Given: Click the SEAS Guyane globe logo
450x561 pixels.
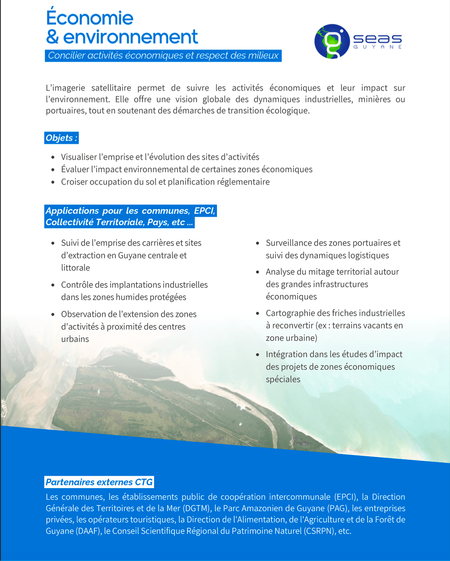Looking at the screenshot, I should click(332, 41).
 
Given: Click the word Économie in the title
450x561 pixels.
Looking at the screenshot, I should click(90, 18).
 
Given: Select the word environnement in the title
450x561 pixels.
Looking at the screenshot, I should click(130, 37).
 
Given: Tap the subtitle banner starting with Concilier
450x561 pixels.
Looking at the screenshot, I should click(163, 56).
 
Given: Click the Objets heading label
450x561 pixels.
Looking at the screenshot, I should click(61, 138).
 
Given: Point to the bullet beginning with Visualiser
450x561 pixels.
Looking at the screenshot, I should click(160, 157).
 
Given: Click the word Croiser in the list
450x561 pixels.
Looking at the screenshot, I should click(74, 182).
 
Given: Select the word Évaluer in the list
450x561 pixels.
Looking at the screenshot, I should click(75, 170).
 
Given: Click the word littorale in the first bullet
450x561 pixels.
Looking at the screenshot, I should click(76, 268).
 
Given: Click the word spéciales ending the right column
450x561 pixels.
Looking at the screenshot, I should click(283, 379).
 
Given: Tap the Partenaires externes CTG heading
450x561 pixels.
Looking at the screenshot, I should click(99, 482).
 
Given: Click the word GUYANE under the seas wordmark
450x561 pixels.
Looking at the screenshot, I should click(378, 47).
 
